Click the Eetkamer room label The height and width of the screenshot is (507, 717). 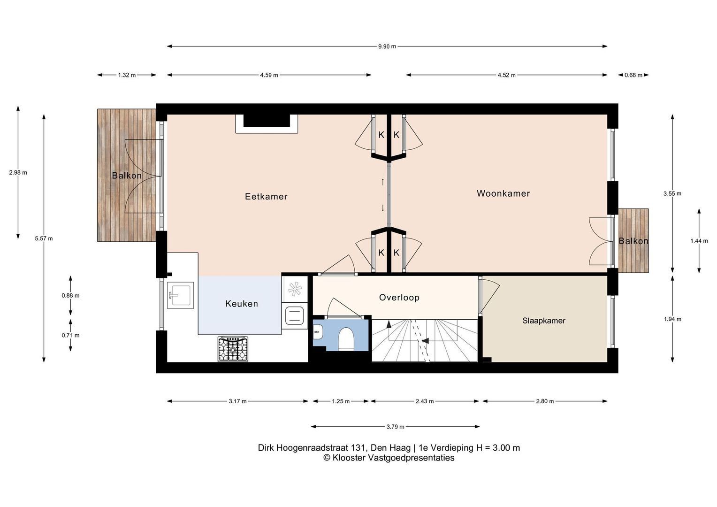[266, 196]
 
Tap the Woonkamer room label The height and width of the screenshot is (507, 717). [503, 193]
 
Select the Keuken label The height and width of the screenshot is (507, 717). [242, 304]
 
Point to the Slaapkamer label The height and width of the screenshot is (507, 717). [544, 321]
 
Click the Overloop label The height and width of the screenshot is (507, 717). [399, 298]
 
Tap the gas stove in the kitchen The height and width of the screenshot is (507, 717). [233, 349]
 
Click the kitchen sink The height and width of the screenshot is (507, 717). [181, 295]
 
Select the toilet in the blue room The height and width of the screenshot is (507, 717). [346, 338]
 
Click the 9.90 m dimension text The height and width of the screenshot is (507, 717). [387, 46]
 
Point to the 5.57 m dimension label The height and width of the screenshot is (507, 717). [44, 238]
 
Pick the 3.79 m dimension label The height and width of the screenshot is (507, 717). [395, 427]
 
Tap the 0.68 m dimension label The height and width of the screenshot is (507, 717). [633, 75]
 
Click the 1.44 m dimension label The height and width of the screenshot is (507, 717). [699, 241]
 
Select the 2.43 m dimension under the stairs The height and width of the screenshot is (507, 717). [425, 401]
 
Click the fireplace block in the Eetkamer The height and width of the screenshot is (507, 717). [267, 121]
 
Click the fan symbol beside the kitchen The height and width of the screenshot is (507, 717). [295, 289]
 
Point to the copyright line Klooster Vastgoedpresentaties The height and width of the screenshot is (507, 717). [389, 458]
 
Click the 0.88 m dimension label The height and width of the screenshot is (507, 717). [70, 296]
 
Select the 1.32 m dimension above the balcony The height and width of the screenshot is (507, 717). [127, 75]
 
